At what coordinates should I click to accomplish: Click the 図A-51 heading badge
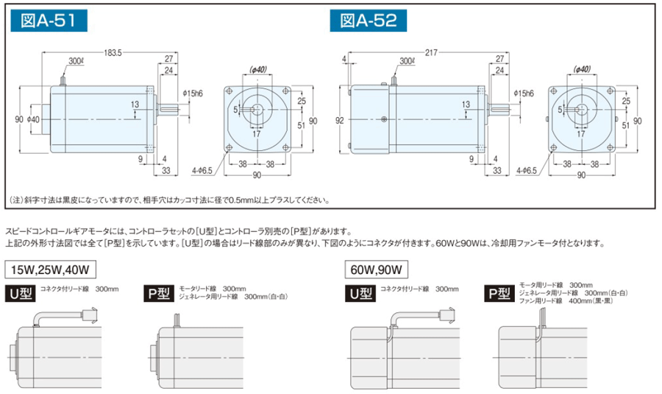click(x=49, y=21)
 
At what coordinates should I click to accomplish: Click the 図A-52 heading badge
click(x=369, y=21)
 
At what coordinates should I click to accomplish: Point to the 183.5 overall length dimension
click(x=113, y=53)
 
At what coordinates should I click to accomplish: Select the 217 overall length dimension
click(x=431, y=53)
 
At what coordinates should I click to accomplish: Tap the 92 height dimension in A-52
click(x=339, y=121)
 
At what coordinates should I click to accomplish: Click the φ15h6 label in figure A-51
click(x=193, y=94)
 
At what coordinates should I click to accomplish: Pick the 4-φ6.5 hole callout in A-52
click(x=527, y=170)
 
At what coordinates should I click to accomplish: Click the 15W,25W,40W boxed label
click(x=50, y=270)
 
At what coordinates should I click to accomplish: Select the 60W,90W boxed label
click(x=377, y=270)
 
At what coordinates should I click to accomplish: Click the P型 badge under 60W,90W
click(x=499, y=293)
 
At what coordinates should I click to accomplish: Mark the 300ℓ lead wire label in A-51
click(x=76, y=61)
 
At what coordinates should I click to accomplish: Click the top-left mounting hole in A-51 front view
click(x=229, y=91)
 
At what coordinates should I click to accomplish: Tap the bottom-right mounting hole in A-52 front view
click(x=610, y=147)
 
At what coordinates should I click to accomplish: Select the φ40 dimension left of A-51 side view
click(x=32, y=119)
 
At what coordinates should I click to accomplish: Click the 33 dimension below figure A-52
click(x=497, y=170)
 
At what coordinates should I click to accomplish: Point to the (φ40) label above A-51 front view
click(x=258, y=69)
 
